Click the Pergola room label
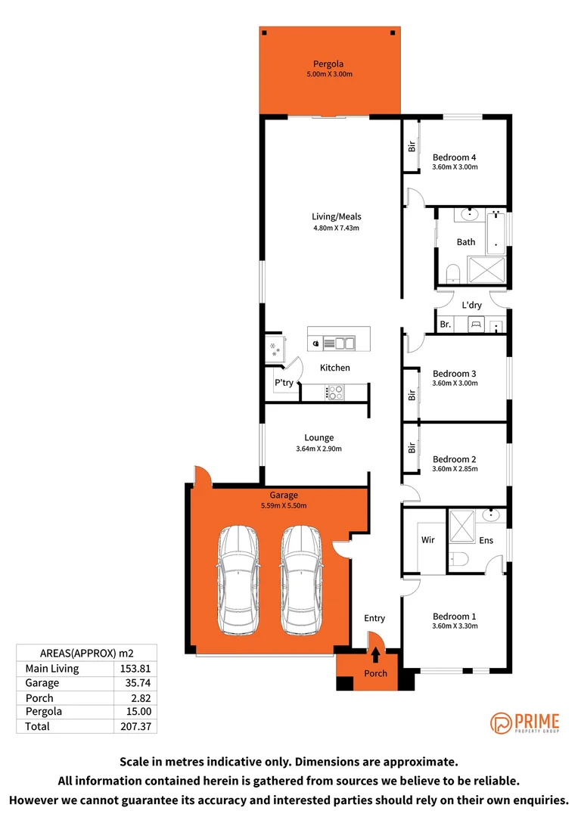[x=329, y=64]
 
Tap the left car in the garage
[x=240, y=580]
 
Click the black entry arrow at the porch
[x=376, y=655]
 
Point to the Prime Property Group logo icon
[x=502, y=723]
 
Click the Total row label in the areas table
[x=38, y=726]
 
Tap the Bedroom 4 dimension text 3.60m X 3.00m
[x=455, y=167]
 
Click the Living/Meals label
[x=337, y=216]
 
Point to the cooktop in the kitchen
[x=334, y=392]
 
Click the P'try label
[x=284, y=383]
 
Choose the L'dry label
[x=471, y=306]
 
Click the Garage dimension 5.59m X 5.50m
[x=278, y=506]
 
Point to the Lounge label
[x=319, y=438]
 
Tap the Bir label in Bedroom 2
[x=412, y=447]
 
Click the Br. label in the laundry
[x=446, y=325]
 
